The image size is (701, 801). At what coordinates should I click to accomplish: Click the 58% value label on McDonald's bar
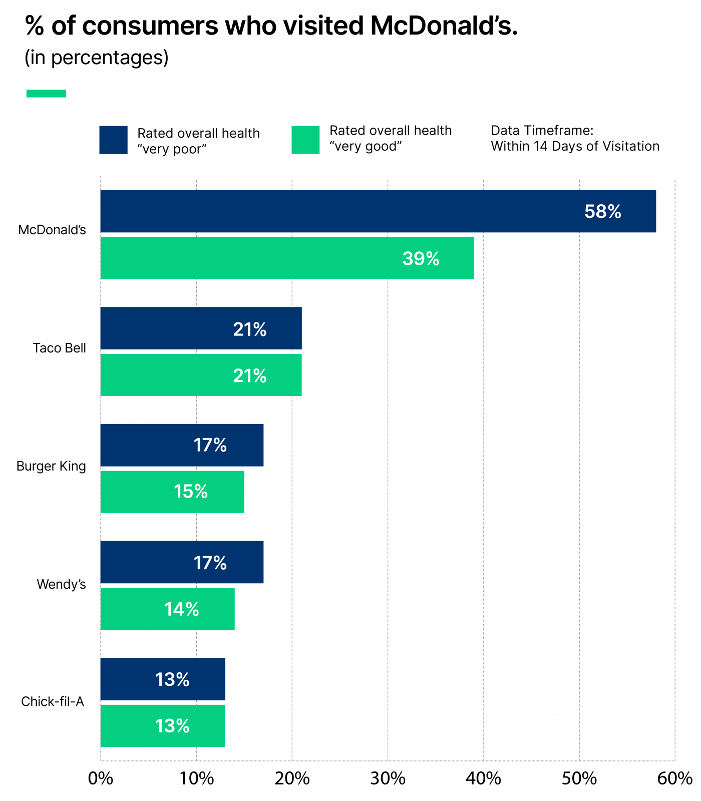pos(602,212)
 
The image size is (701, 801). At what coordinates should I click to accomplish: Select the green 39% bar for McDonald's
pos(287,258)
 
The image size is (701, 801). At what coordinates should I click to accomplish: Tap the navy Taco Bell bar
pos(201,328)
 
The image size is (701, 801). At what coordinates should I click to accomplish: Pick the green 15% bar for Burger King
pos(172,492)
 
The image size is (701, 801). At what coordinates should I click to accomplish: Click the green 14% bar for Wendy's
pos(167,609)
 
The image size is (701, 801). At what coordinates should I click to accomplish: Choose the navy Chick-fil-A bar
pos(163,679)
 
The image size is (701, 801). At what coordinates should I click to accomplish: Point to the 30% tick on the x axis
pos(388,778)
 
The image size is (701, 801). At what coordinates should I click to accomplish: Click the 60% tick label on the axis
pos(674,778)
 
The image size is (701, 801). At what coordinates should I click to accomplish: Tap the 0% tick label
pos(101,778)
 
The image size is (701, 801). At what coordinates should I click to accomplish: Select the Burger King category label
pos(51,466)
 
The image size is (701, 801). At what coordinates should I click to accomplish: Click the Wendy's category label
pos(61,584)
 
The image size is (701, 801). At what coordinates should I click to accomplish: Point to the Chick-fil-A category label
pos(53,701)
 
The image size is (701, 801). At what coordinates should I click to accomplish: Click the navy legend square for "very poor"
pos(113,140)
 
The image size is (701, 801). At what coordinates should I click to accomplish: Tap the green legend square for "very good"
pos(305,140)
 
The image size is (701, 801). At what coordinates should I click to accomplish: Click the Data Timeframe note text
pos(575,139)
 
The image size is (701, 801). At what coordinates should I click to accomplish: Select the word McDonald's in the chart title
pos(444,26)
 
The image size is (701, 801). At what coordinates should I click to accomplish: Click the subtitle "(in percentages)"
pos(97,58)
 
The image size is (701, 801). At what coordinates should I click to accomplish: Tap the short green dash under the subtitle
pos(46,94)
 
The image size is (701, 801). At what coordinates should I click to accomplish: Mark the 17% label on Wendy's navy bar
pos(210,563)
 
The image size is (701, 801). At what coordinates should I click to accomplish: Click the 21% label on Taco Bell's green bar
pos(249,375)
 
